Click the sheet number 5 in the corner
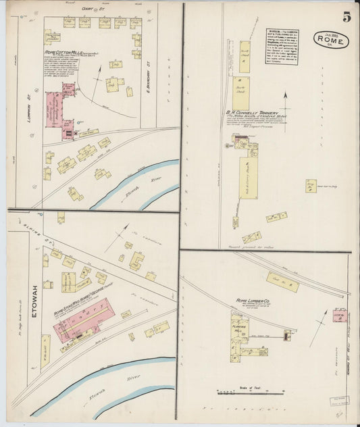[x=346, y=18]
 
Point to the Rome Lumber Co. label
[x=253, y=299]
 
